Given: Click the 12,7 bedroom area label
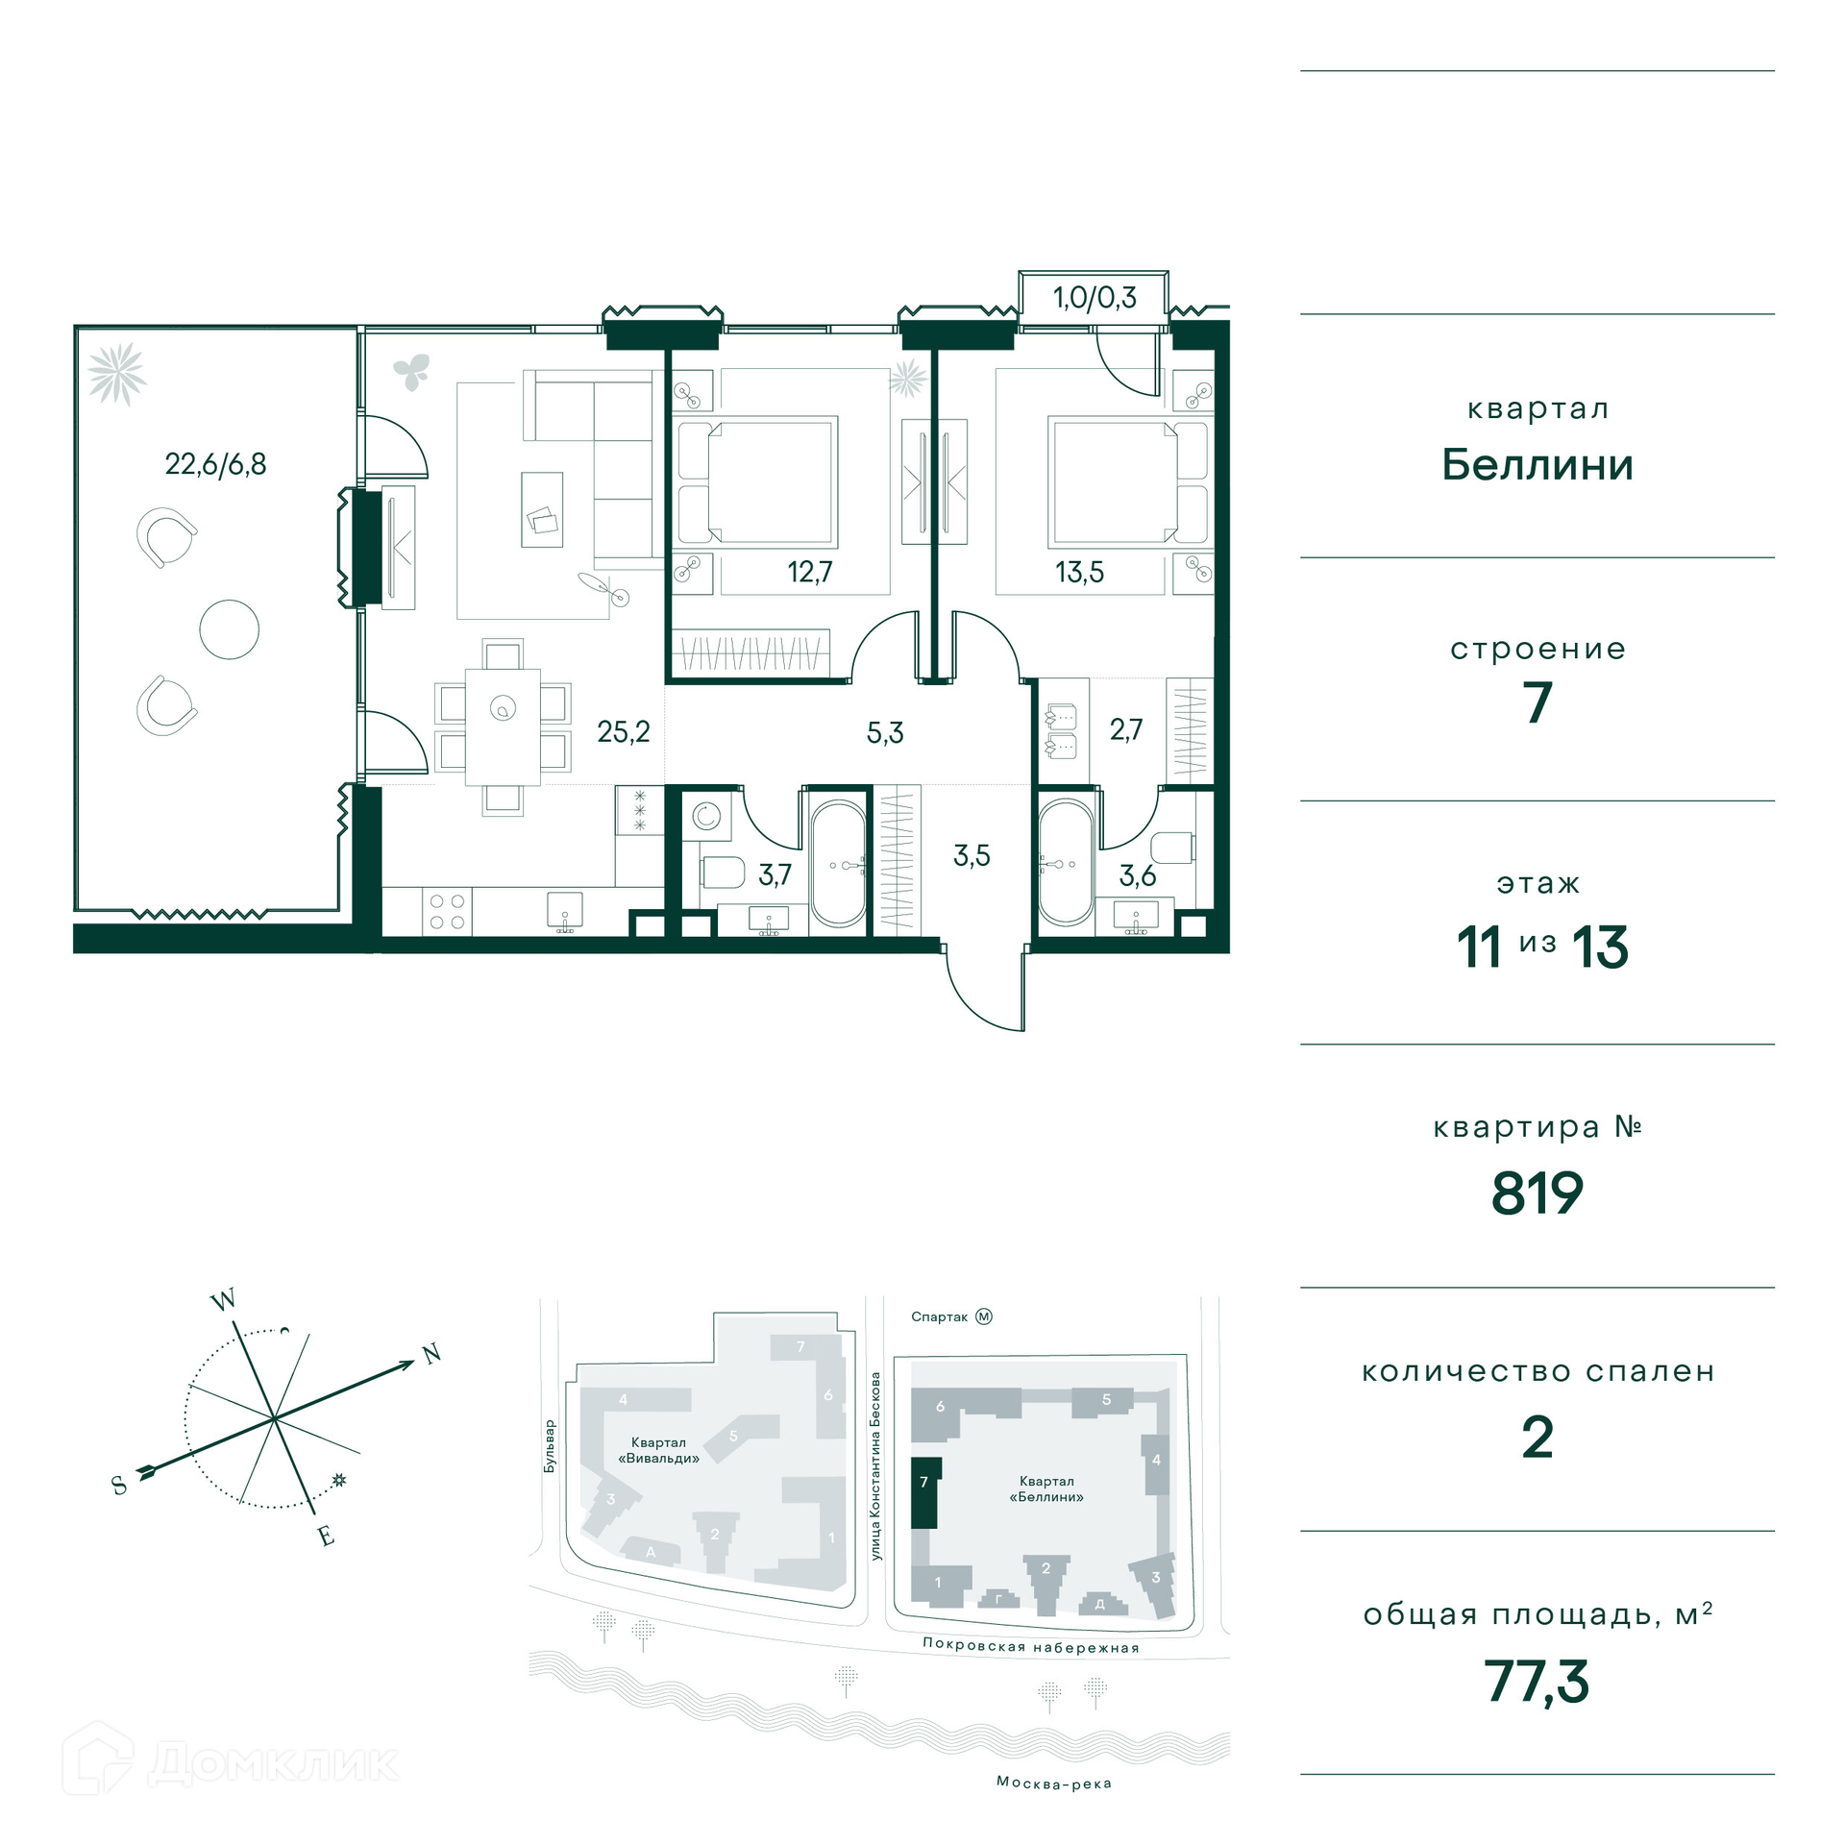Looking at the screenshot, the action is [x=809, y=572].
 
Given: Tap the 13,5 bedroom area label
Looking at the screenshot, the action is [x=1079, y=573].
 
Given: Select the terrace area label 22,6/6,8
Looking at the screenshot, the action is [x=215, y=464].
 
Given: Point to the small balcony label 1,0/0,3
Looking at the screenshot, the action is [x=1095, y=298].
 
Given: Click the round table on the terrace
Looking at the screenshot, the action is [x=229, y=629].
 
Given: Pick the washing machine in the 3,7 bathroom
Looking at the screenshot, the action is [x=706, y=816].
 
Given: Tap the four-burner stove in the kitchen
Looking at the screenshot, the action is [x=447, y=911].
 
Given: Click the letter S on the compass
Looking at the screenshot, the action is [x=120, y=1486].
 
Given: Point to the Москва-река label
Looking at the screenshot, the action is [x=1054, y=1783].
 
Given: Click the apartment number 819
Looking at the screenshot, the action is [x=1537, y=1193].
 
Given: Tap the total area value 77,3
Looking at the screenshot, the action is [x=1537, y=1683].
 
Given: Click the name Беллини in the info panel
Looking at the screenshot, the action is [x=1537, y=465].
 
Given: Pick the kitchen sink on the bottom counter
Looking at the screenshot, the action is [x=565, y=913].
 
